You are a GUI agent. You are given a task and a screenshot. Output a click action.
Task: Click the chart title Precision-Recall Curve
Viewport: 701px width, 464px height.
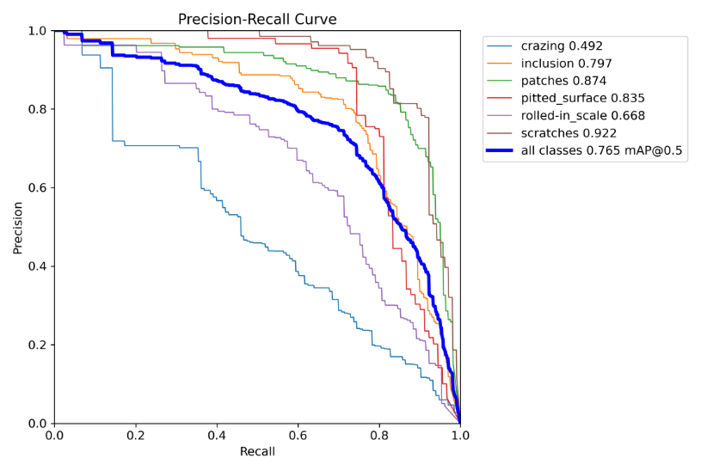pyautogui.click(x=257, y=19)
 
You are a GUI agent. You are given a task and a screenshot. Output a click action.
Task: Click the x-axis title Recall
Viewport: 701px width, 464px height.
pyautogui.click(x=257, y=452)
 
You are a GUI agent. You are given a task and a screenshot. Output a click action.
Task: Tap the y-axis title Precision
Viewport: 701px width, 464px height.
pyautogui.click(x=18, y=228)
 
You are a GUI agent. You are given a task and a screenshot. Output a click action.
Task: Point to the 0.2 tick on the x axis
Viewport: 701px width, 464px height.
pyautogui.click(x=136, y=436)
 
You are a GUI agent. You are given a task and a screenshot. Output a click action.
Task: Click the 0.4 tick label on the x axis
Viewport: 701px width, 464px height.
pyautogui.click(x=217, y=436)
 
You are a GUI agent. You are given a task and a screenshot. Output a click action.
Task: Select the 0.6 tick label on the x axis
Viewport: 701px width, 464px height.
pyautogui.click(x=298, y=436)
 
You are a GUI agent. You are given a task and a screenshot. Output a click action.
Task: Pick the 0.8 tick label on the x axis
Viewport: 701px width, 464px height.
pyautogui.click(x=379, y=436)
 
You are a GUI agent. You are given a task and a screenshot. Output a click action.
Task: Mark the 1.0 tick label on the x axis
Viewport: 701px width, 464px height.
pyautogui.click(x=460, y=436)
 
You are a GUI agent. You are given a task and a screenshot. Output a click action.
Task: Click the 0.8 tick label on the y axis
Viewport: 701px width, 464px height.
pyautogui.click(x=37, y=109)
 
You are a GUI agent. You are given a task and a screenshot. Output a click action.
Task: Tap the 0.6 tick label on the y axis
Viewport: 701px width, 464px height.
pyautogui.click(x=37, y=188)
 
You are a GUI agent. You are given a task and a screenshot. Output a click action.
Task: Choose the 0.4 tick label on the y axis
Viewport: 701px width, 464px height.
pyautogui.click(x=37, y=266)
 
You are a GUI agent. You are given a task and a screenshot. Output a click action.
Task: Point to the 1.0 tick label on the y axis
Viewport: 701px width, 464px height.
pyautogui.click(x=37, y=31)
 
